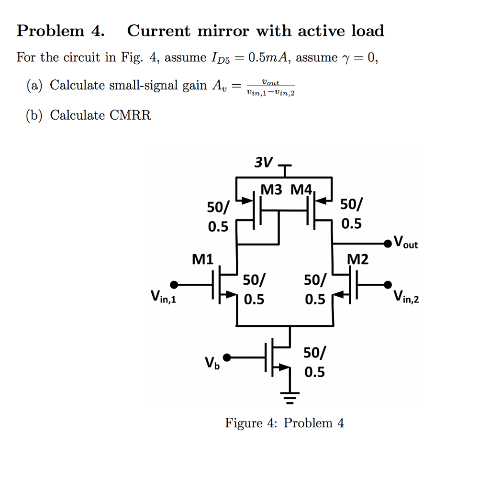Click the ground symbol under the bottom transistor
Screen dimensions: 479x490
pyautogui.click(x=290, y=394)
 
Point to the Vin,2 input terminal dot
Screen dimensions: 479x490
pyautogui.click(x=389, y=285)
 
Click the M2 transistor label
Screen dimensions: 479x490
pyautogui.click(x=358, y=259)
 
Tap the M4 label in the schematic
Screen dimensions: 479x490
pyautogui.click(x=301, y=190)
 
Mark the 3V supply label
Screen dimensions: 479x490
pyautogui.click(x=263, y=163)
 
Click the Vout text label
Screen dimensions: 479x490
pyautogui.click(x=405, y=242)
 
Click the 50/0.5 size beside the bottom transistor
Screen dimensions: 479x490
pyautogui.click(x=315, y=362)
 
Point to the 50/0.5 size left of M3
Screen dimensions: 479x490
pyautogui.click(x=218, y=216)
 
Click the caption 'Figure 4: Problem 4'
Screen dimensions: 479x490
pyautogui.click(x=284, y=423)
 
